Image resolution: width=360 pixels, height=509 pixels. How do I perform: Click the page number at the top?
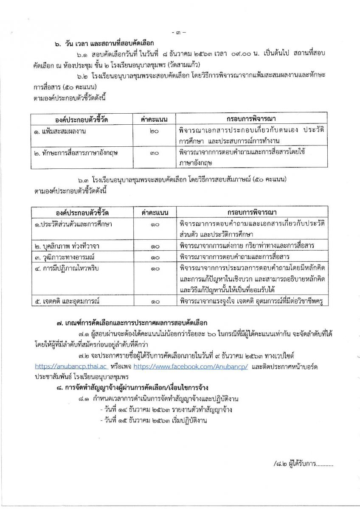(x=180, y=33)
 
